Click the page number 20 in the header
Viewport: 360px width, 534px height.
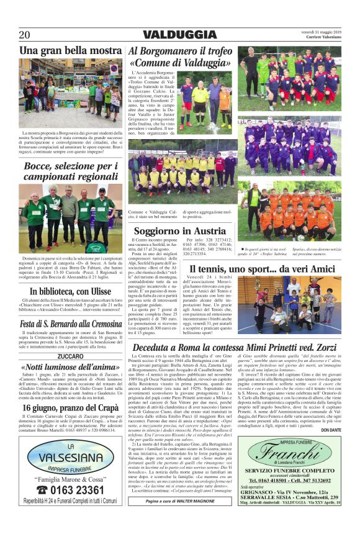24,34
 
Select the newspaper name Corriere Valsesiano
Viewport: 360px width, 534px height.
322,38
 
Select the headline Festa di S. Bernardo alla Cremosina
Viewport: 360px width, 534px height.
70,324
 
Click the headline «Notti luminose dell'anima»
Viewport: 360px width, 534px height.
70,366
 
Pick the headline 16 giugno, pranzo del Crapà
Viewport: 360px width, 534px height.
70,407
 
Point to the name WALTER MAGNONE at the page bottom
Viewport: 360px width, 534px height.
199,518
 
